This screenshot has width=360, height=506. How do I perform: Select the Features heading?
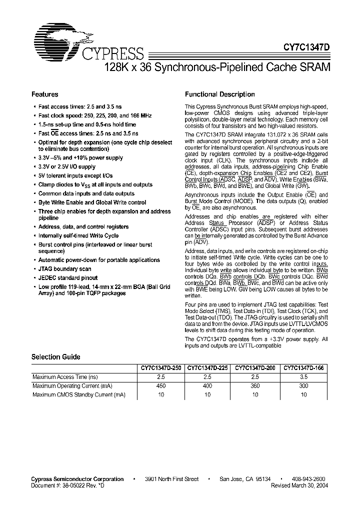click(45, 94)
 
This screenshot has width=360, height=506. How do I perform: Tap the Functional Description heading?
click(219, 94)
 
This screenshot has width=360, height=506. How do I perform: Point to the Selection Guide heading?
click(55, 357)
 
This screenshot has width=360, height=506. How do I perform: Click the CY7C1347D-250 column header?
click(159, 367)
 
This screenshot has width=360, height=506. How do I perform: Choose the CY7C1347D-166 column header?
click(304, 367)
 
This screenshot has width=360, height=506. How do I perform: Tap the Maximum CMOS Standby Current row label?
click(78, 394)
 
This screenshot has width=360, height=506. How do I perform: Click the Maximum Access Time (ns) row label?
click(65, 376)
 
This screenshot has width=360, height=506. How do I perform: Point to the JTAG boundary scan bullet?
click(64, 269)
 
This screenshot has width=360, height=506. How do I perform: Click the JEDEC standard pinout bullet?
click(68, 277)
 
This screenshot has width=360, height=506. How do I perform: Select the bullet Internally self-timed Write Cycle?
click(78, 235)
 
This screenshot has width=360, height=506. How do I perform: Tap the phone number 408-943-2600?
click(308, 479)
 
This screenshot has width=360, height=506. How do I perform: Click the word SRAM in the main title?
click(314, 67)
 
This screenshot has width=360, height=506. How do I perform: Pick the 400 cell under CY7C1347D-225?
click(207, 385)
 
